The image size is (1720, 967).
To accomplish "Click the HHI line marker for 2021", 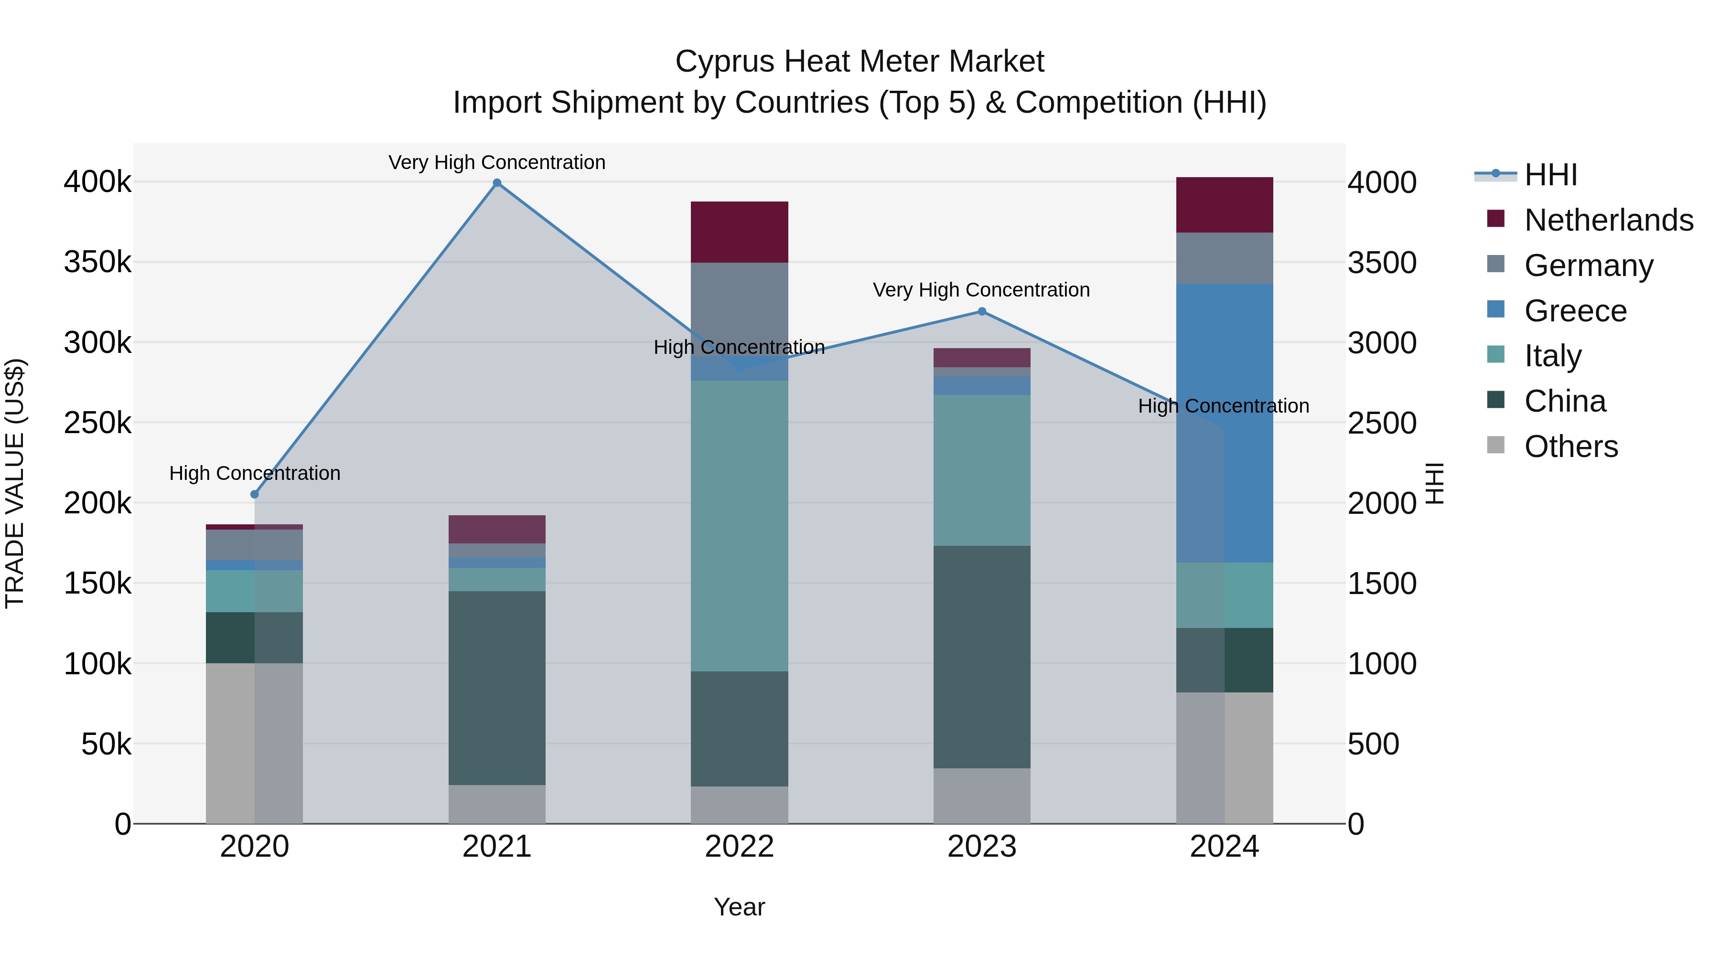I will coord(497,183).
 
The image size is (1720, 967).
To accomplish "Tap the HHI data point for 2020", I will coord(254,495).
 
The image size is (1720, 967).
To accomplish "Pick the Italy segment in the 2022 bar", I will coord(739,525).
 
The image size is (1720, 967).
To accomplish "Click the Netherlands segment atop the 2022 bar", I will coord(739,232).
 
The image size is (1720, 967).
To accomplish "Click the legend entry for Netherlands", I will coord(1609,220).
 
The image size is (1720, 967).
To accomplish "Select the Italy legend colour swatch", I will coord(1495,354).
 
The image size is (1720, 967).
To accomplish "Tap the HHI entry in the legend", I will coord(1550,175).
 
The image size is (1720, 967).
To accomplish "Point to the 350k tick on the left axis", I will coord(97,262).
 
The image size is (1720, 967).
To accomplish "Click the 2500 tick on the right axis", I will coord(1381,423).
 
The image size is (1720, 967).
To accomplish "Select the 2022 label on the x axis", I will coord(739,847).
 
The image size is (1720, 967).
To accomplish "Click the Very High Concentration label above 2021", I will coord(497,162).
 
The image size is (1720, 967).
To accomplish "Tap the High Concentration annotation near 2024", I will coord(1223,406).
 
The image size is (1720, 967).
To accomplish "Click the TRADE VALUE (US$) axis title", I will coord(15,483).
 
